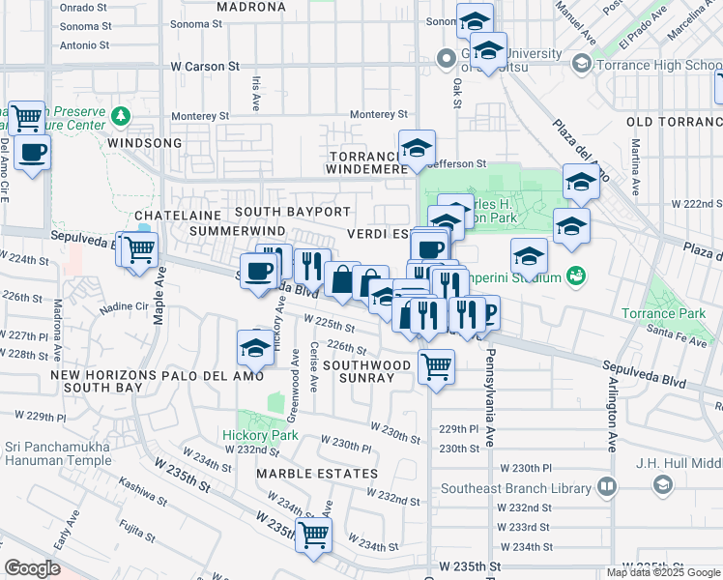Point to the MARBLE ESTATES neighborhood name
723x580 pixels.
pos(317,474)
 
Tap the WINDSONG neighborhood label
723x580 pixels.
pos(145,142)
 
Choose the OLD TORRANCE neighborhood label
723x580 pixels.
pos(674,121)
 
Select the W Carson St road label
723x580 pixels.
pos(204,67)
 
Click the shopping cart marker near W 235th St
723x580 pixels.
pos(313,534)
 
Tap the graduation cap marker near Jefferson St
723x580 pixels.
pos(417,147)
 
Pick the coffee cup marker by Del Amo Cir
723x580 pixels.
pos(33,152)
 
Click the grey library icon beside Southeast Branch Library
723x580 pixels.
pos(607,486)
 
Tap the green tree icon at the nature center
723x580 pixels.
pos(121,117)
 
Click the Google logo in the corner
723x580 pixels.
pos(33,567)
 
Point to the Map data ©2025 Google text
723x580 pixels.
pos(663,572)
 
